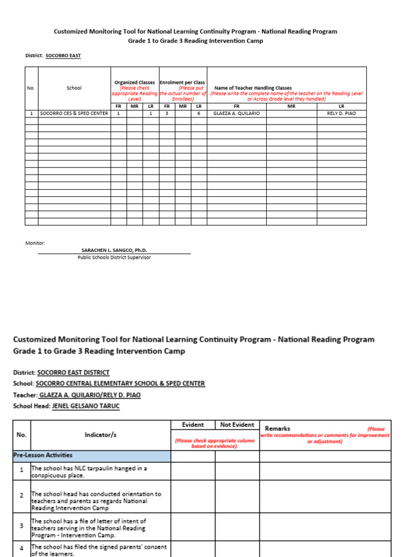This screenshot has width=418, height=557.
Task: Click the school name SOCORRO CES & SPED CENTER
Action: (x=73, y=114)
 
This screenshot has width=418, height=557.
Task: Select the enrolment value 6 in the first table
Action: (x=199, y=114)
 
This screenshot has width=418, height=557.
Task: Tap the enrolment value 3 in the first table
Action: (x=167, y=114)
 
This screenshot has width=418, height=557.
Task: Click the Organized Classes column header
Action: (x=134, y=83)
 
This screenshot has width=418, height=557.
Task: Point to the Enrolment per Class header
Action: (x=182, y=83)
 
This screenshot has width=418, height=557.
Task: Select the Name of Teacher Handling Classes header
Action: (x=253, y=88)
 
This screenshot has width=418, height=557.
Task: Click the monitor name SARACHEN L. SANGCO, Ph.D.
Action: (x=114, y=250)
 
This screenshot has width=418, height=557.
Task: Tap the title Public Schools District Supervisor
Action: (x=114, y=257)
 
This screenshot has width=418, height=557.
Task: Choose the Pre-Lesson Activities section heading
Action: (x=44, y=455)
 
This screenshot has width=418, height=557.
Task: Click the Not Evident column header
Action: (x=237, y=425)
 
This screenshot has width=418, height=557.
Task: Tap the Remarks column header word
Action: (x=277, y=429)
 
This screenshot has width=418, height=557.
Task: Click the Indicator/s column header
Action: (x=100, y=435)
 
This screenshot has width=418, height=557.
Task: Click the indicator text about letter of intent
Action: (x=88, y=528)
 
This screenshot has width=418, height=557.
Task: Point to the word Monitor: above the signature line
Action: (x=36, y=243)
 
